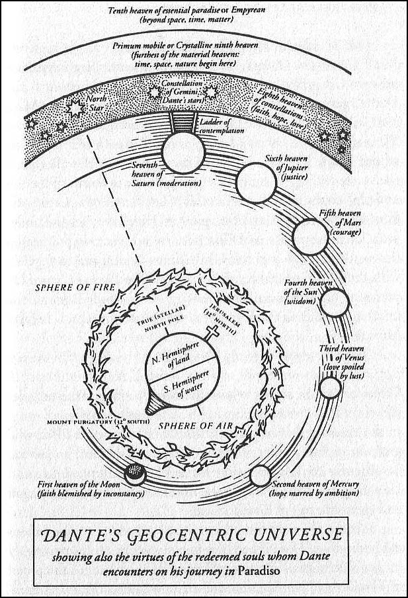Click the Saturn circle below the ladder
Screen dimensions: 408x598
(x=183, y=153)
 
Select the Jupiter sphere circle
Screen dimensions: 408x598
(x=256, y=183)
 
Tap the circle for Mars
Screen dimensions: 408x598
(x=310, y=237)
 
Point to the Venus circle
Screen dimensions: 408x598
(x=330, y=388)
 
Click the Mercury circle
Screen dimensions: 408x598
(x=261, y=476)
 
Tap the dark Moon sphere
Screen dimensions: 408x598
(x=135, y=474)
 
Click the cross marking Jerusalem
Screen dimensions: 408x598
(x=212, y=331)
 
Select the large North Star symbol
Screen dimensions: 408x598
(x=75, y=109)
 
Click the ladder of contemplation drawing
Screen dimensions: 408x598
(x=183, y=122)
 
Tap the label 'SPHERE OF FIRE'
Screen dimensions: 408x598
(x=75, y=287)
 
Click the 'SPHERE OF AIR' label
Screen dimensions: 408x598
(x=195, y=425)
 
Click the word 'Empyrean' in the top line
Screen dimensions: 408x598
(x=248, y=9)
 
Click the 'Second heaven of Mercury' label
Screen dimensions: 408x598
(x=315, y=484)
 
